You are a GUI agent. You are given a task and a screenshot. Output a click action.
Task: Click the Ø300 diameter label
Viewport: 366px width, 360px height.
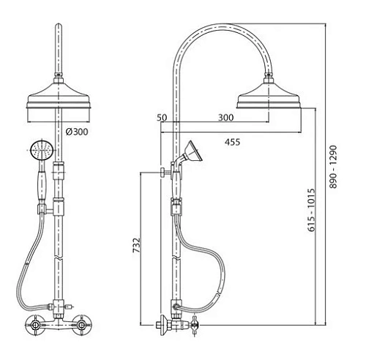(x=77, y=132)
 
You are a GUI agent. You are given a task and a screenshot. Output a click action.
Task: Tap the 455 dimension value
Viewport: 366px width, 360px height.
(x=232, y=142)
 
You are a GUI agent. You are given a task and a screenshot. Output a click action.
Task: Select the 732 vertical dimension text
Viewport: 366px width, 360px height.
(x=137, y=245)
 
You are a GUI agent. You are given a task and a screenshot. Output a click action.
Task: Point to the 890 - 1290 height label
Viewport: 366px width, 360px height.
(x=333, y=167)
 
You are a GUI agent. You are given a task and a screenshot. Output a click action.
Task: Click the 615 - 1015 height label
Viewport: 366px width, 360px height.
(x=311, y=209)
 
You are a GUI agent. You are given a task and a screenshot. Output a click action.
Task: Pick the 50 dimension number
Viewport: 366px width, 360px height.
(x=162, y=118)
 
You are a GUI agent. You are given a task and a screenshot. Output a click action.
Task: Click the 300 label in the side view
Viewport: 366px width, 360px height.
(x=225, y=118)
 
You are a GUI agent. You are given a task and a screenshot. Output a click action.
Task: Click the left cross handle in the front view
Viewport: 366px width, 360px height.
(x=35, y=325)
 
